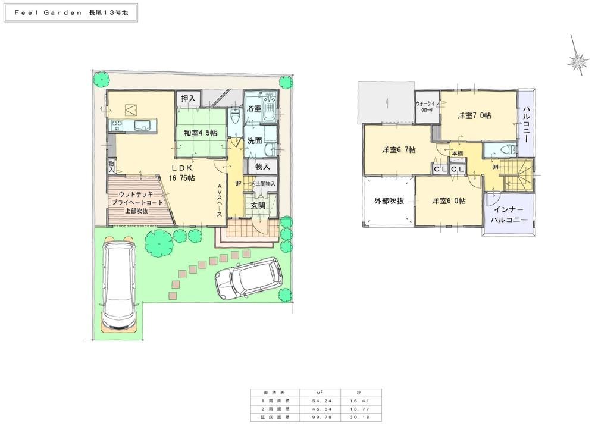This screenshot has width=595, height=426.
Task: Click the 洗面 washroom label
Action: pyautogui.click(x=257, y=142)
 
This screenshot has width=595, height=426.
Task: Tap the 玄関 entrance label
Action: pyautogui.click(x=258, y=205)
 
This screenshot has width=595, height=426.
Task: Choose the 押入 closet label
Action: pyautogui.click(x=188, y=98)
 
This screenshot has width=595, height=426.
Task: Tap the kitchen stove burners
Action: pyautogui.click(x=117, y=125)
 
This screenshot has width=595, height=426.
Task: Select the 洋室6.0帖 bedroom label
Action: pyautogui.click(x=449, y=201)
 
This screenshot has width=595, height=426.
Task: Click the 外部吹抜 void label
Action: pyautogui.click(x=389, y=201)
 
